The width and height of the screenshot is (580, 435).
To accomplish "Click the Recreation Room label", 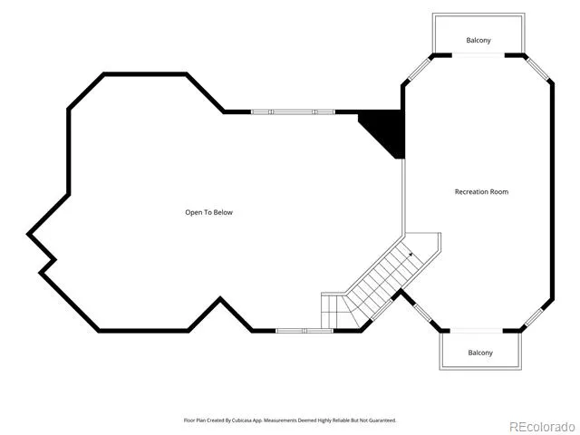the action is click(481, 191).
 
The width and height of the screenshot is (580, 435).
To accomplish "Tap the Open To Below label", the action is click(209, 212).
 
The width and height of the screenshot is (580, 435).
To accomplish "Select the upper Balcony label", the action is click(478, 40).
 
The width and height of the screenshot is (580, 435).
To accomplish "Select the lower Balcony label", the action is click(480, 353).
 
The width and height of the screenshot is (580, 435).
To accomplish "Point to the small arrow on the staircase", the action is click(411, 254).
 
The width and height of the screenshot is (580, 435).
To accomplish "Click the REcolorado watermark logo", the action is click(541, 427).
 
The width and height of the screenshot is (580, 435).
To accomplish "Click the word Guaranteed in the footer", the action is click(384, 420).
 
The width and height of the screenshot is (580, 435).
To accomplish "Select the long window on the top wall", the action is click(293, 111).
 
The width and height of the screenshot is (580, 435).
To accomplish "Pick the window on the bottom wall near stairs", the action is click(304, 331).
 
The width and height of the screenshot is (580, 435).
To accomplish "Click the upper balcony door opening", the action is click(478, 55).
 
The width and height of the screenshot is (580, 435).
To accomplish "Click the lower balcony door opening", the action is click(476, 330).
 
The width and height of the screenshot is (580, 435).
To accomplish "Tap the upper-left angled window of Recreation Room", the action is click(419, 69).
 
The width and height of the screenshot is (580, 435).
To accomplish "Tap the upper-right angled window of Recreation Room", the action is click(537, 69).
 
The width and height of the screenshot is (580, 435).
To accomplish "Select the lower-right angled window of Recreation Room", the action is click(534, 318).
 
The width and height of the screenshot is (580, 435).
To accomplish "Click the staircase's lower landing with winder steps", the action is click(340, 311).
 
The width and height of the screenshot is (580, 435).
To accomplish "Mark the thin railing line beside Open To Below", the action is click(403, 197).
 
